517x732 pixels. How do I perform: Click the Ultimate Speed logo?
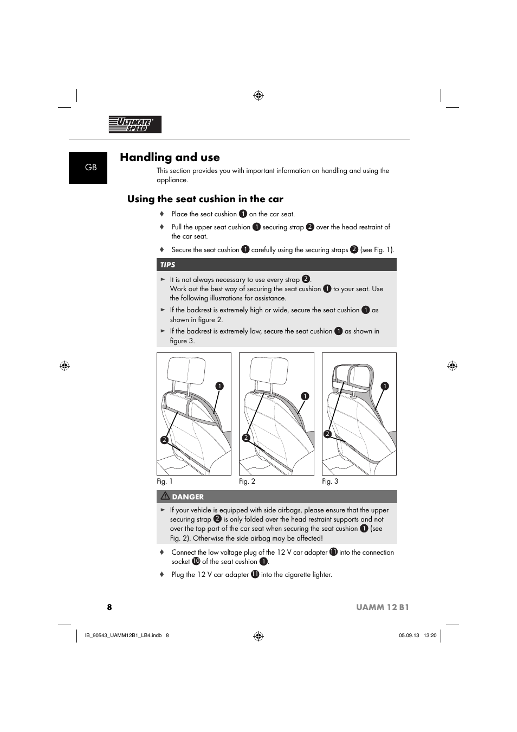(135, 125)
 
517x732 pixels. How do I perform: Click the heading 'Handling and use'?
(170, 157)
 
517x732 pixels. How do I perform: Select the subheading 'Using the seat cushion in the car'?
(205, 199)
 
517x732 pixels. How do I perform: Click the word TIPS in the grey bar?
(167, 265)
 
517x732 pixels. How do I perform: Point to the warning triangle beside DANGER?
(165, 496)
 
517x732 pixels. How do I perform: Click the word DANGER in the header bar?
(188, 497)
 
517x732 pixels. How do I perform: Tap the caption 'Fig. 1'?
(165, 481)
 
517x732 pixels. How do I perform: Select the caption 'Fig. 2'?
(247, 481)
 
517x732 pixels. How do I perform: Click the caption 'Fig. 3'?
(330, 481)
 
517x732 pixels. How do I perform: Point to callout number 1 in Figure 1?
(219, 386)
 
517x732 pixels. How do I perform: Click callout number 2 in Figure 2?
(245, 438)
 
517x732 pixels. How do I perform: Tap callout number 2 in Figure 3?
(327, 434)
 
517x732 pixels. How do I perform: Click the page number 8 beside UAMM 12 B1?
(109, 607)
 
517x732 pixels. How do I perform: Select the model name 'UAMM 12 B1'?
(382, 607)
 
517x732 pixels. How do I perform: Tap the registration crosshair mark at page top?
(258, 96)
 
